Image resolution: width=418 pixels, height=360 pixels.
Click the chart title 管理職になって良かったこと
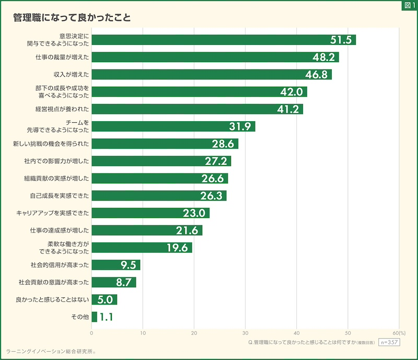(72, 17)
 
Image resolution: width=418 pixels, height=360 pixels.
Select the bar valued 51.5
(224, 40)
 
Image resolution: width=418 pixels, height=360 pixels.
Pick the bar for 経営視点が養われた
(197, 109)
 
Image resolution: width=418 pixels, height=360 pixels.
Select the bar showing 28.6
(165, 143)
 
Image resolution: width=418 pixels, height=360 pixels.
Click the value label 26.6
(213, 178)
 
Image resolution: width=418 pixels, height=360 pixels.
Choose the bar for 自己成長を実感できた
(159, 195)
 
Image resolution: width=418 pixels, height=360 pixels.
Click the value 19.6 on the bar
(177, 248)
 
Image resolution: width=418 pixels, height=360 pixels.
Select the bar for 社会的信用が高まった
(116, 265)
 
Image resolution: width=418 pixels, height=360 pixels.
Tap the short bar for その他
(94, 317)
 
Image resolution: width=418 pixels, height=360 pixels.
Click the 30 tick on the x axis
(246, 333)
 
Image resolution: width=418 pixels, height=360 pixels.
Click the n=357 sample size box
(388, 342)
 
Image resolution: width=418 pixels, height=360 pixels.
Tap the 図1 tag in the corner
(409, 5)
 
